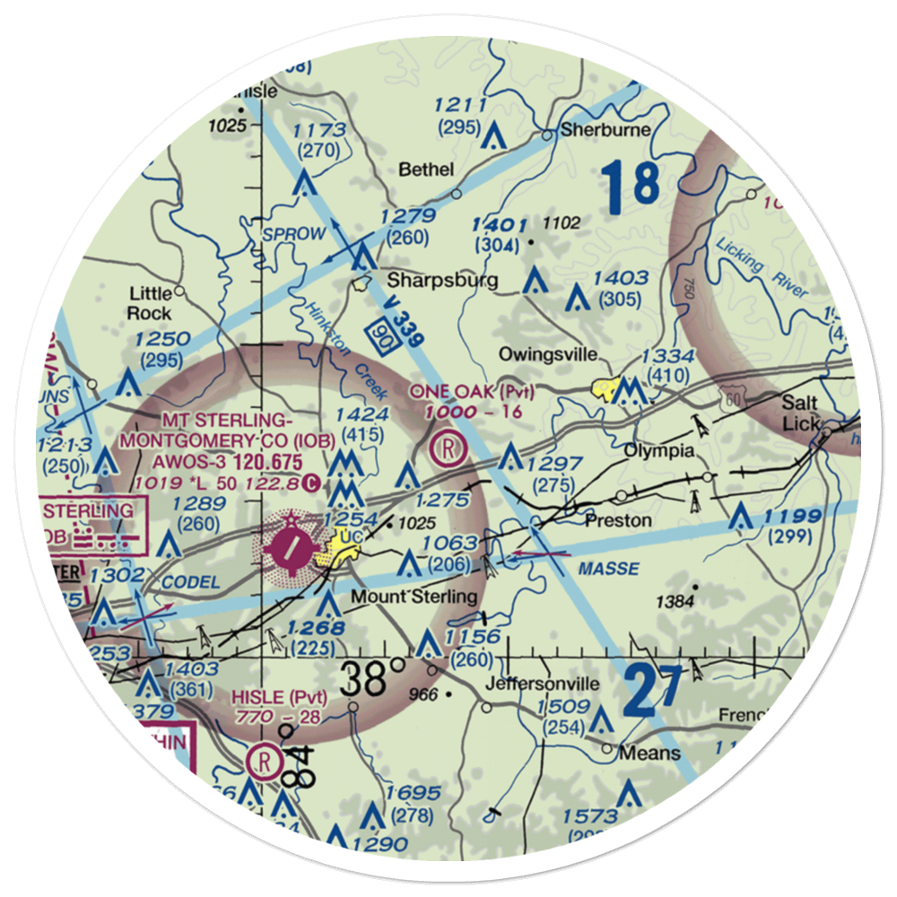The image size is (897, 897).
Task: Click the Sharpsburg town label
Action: point(442,281)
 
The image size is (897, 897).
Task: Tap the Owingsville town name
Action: point(549,355)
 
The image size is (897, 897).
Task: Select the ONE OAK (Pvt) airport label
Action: point(472,392)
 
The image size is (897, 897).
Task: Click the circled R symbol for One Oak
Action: point(448,447)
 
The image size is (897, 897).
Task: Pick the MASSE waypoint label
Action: point(609,569)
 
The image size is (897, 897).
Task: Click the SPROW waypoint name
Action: point(293,234)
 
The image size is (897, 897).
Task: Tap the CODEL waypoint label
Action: point(191,582)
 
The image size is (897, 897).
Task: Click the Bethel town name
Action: point(426,170)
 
